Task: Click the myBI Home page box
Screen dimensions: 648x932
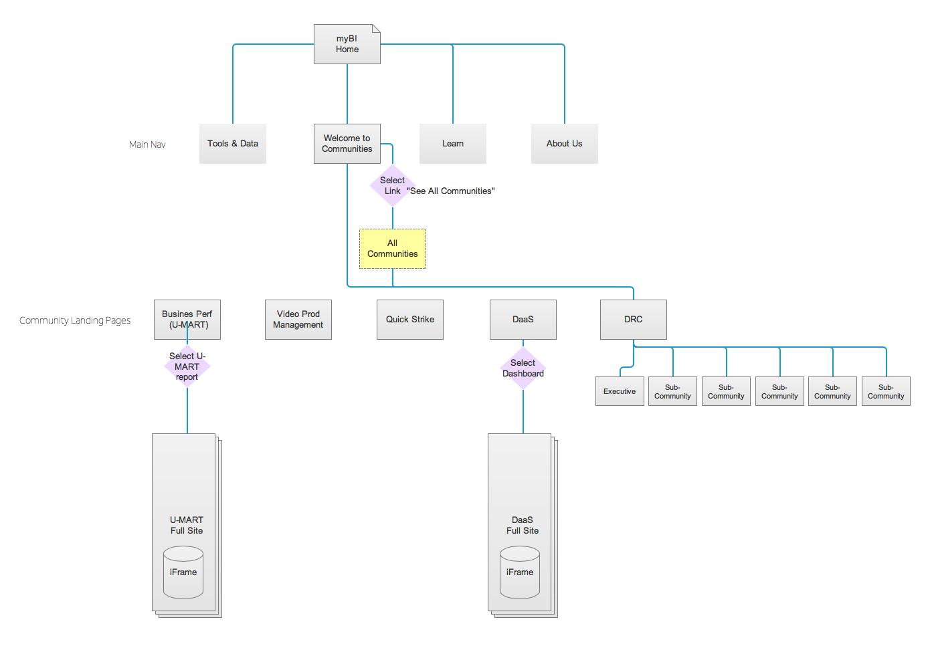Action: (347, 44)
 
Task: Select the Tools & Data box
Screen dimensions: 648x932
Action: (232, 144)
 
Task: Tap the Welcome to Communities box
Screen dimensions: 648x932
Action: (347, 144)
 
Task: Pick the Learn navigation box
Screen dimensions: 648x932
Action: (452, 144)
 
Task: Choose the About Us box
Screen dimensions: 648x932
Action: (564, 144)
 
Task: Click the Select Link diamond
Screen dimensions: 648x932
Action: (393, 186)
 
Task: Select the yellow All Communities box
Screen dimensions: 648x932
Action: (392, 249)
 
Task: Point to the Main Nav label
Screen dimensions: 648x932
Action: (147, 144)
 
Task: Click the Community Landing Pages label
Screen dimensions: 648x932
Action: (75, 320)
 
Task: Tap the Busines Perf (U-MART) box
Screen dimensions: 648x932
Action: (187, 320)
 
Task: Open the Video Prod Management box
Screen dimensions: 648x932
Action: (298, 320)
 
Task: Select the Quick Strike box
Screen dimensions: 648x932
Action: (409, 320)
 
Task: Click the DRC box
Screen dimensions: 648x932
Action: (633, 320)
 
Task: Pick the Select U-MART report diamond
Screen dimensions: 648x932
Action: (187, 366)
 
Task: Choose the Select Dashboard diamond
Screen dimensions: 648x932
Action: (523, 368)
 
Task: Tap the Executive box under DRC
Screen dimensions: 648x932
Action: (620, 391)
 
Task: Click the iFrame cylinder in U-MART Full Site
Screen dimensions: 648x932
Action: (183, 572)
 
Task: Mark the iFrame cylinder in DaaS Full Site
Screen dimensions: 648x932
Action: (520, 572)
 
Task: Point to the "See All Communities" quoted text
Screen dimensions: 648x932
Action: (451, 191)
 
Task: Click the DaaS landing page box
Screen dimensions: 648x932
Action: (523, 320)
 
